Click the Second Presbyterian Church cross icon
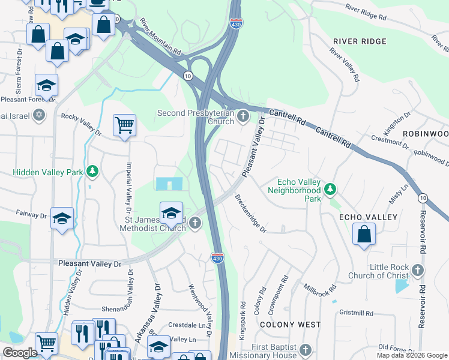point(243,116)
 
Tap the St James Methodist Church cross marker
point(194,224)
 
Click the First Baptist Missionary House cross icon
point(306,350)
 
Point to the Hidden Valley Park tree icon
point(92,172)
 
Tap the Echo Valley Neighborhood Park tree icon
point(329,190)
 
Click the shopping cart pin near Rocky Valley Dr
point(124,125)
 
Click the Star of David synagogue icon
point(40,115)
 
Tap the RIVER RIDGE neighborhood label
point(360,41)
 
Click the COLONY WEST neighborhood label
point(290,325)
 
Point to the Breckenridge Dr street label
point(250,214)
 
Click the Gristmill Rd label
point(356,313)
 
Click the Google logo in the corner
point(20,353)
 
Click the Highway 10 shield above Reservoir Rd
point(424,198)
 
